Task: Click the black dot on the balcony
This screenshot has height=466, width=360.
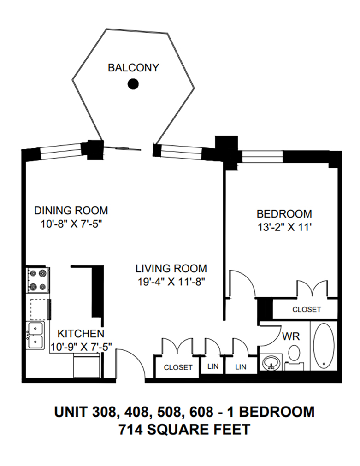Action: pos(133,84)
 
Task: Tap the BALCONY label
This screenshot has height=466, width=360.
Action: pos(133,68)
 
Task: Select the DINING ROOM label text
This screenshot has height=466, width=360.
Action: pos(71,211)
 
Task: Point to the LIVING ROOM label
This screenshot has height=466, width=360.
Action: pos(171,268)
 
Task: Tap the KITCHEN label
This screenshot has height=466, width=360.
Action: pos(80,333)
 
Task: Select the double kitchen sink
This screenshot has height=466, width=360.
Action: pos(35,335)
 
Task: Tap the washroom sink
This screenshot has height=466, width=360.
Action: pos(271,362)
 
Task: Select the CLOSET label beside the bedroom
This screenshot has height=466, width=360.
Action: pos(307,310)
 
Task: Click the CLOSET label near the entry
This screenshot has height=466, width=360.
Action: pos(178,367)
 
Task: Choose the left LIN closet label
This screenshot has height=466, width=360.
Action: pos(212,367)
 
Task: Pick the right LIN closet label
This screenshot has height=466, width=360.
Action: pos(241,367)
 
